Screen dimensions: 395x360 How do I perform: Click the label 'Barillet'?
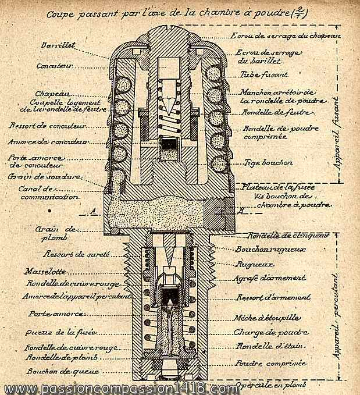click(56, 45)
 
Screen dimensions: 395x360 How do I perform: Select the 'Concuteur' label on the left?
click(56, 66)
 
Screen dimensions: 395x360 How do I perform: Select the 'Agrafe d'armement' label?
click(270, 278)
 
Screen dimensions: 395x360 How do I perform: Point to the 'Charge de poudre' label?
click(271, 333)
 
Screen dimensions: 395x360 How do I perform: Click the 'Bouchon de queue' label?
click(53, 371)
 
